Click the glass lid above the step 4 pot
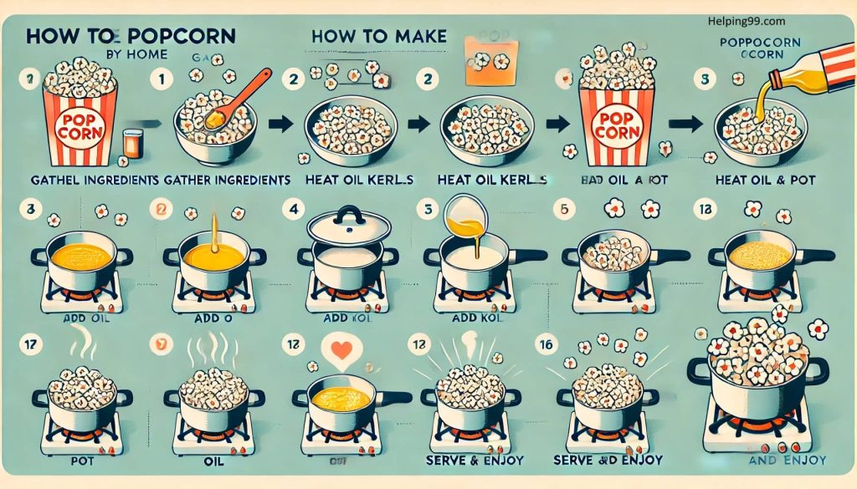[x=346, y=225]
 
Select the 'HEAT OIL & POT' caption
[x=766, y=179]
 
